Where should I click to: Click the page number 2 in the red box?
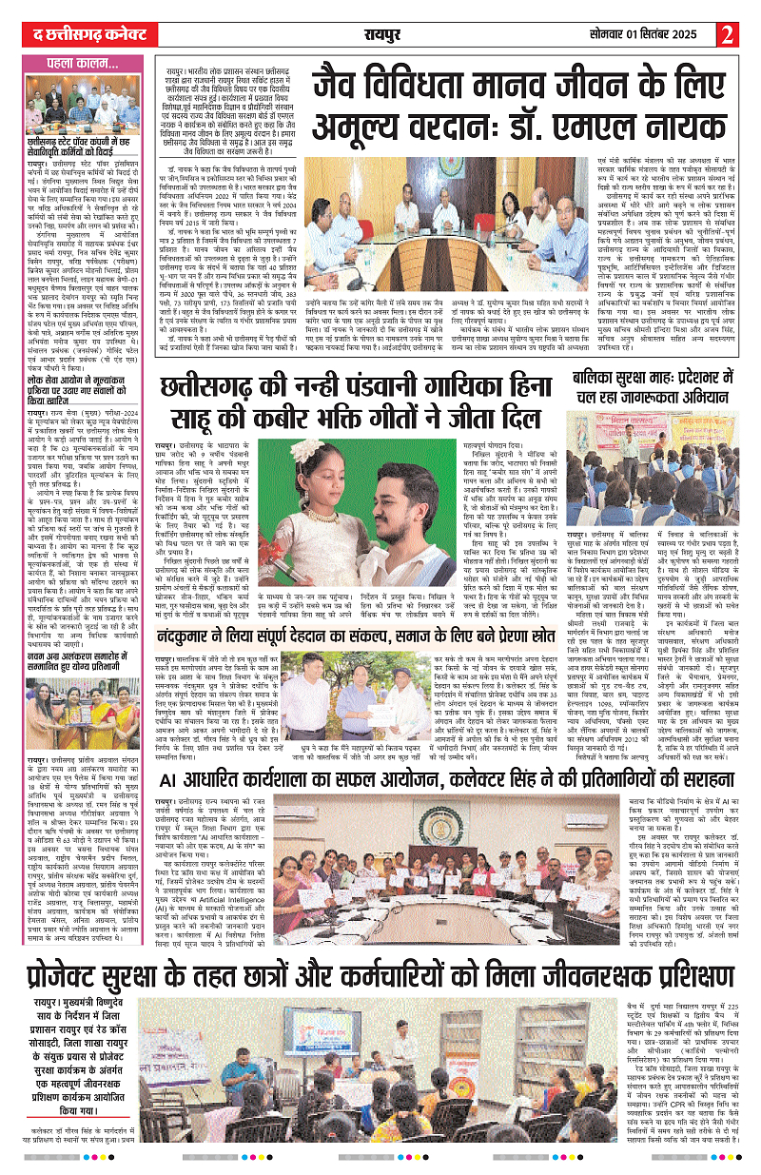point(728,34)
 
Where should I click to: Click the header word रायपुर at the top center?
point(386,35)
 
